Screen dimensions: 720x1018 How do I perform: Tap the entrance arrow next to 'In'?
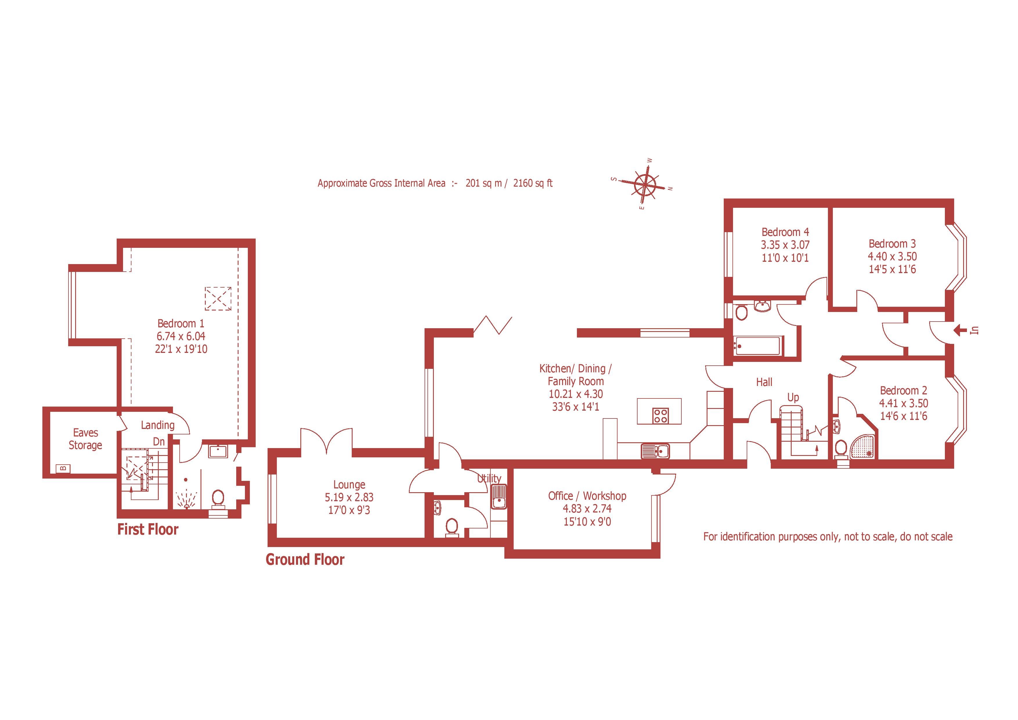tap(960, 330)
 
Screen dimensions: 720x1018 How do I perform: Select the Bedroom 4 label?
tap(785, 232)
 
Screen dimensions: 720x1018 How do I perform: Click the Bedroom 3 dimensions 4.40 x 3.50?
tap(892, 256)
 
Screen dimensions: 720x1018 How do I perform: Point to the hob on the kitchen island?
tap(660, 415)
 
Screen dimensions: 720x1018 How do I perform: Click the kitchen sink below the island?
tap(655, 451)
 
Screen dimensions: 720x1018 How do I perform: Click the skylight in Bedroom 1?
tap(218, 298)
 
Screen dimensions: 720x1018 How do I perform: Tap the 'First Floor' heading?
tap(148, 529)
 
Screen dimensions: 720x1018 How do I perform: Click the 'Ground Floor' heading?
tap(305, 560)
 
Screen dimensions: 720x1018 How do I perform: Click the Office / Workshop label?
tap(587, 496)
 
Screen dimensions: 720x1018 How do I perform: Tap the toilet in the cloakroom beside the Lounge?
tap(451, 527)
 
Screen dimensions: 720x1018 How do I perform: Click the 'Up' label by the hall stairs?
tap(793, 397)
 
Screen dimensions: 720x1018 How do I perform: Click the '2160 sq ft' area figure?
tap(533, 183)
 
